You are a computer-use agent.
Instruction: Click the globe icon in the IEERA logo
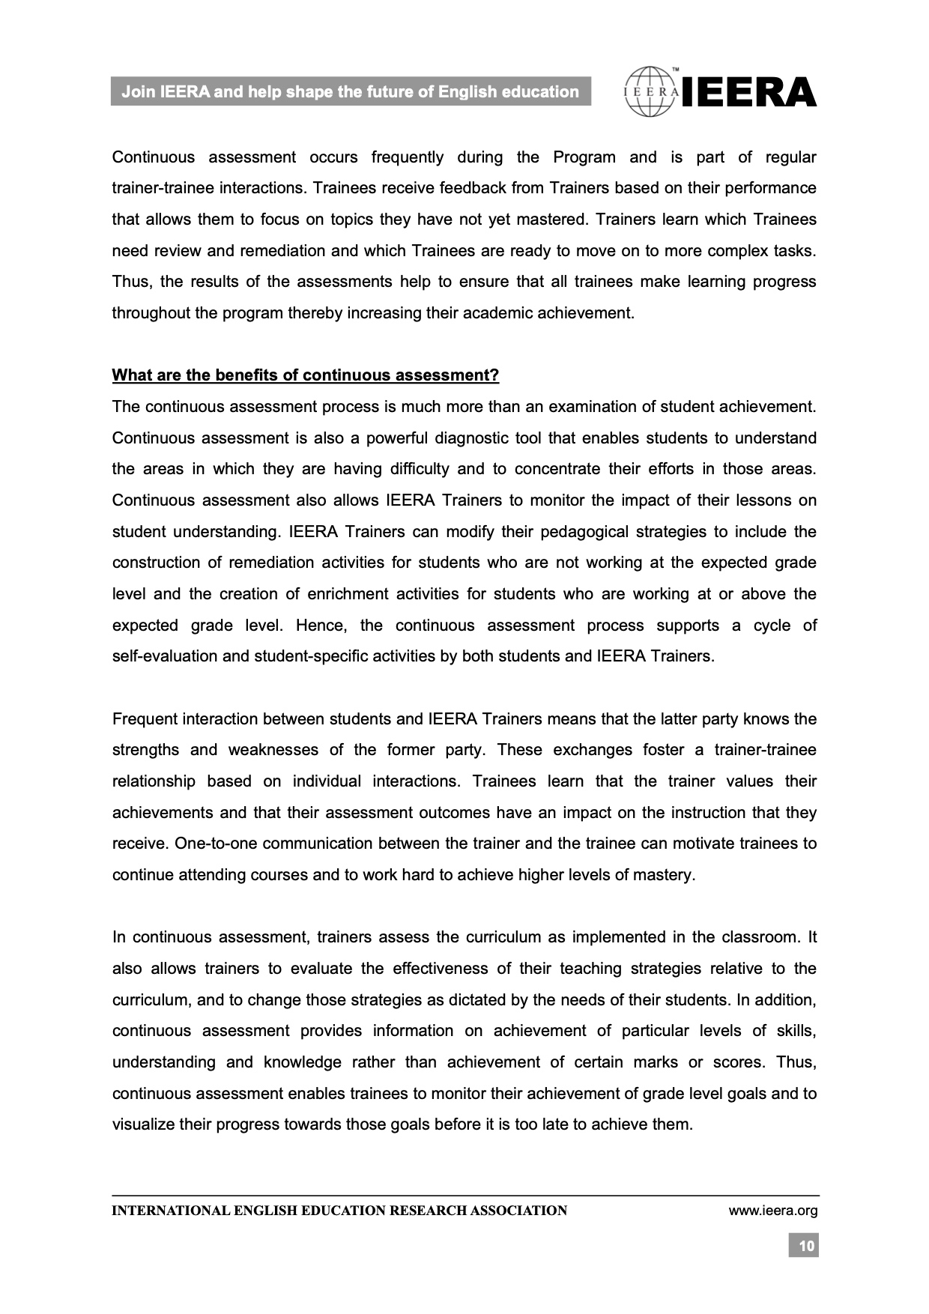tap(651, 92)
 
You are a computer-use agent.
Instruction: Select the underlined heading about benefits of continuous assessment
tap(305, 375)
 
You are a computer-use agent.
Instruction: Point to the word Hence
tap(318, 626)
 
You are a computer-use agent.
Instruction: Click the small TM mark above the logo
tap(676, 70)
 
